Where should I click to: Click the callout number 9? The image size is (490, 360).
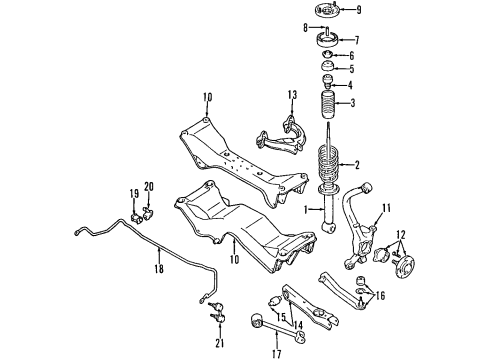(x=360, y=12)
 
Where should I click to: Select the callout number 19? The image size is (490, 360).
(x=132, y=192)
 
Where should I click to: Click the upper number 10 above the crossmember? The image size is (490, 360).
(x=207, y=96)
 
